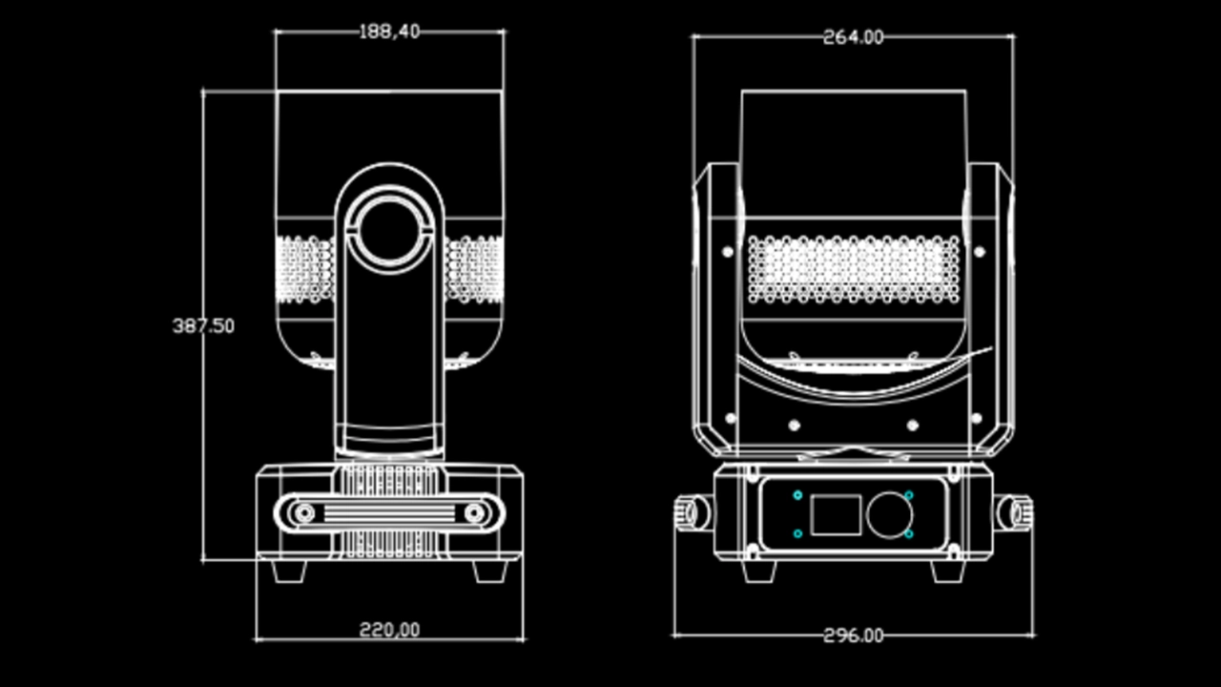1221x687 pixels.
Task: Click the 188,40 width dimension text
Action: [x=388, y=32]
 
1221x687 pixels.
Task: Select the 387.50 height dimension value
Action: [x=203, y=326]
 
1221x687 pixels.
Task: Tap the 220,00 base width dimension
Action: [x=389, y=630]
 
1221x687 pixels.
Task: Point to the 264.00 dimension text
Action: [x=853, y=38]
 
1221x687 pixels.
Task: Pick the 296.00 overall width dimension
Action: [x=853, y=635]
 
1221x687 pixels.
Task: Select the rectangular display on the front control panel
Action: [x=835, y=515]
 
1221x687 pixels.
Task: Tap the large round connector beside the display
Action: [x=889, y=515]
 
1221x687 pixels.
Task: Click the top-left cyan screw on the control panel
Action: [x=797, y=495]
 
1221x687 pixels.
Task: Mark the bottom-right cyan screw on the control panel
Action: [x=909, y=534]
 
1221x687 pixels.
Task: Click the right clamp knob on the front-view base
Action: [x=1014, y=512]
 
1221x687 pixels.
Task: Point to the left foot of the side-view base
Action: [x=288, y=571]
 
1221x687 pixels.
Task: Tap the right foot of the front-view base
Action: [x=948, y=571]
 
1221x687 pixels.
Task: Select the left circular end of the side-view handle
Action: [x=304, y=514]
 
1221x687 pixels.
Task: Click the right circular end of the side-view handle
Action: [x=474, y=514]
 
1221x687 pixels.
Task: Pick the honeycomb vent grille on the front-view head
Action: [x=853, y=269]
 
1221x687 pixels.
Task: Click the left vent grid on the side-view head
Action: [x=304, y=269]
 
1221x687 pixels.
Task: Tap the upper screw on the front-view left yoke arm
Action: [x=728, y=252]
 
